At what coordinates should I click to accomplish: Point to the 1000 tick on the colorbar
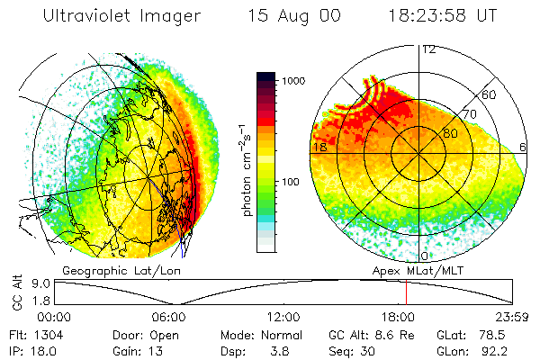(x=292, y=81)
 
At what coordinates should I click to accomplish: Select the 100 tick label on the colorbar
(x=289, y=182)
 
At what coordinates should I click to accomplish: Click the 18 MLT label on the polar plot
(x=319, y=147)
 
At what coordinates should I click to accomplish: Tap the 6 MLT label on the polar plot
(x=524, y=147)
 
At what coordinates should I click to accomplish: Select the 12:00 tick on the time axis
(x=283, y=317)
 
